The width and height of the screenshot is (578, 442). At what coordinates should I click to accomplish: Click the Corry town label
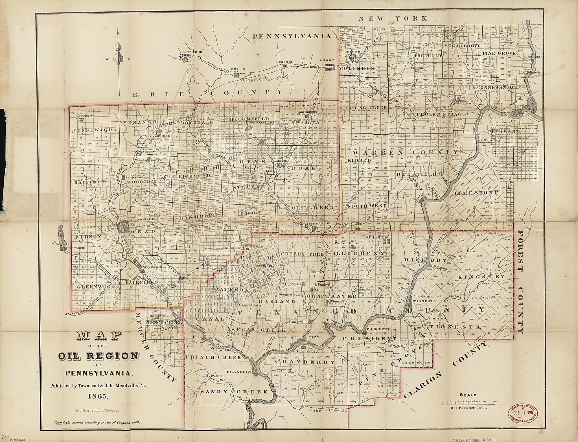tap(327, 60)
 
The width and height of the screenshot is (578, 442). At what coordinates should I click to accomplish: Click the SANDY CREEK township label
tap(234, 392)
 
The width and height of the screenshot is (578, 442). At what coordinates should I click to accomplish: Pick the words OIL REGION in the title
tap(98, 356)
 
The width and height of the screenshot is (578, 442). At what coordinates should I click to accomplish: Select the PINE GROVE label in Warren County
tap(499, 53)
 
